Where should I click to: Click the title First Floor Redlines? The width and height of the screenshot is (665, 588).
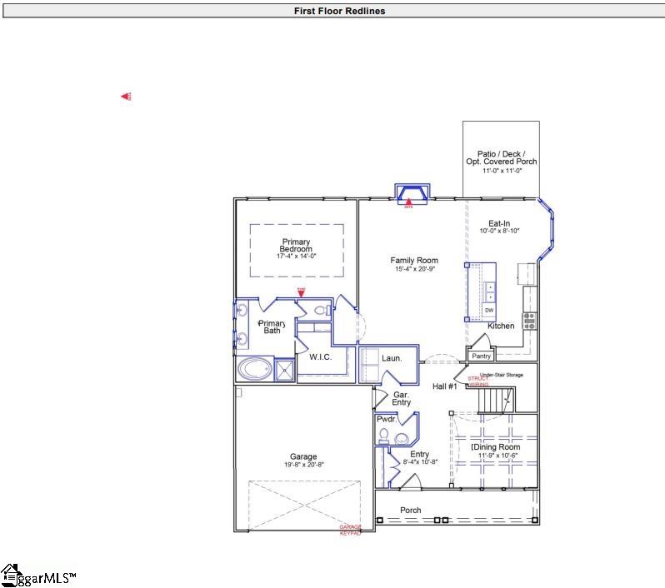[339, 11]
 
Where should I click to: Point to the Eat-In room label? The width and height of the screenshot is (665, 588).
[499, 222]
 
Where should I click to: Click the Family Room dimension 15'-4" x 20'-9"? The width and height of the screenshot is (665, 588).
[414, 270]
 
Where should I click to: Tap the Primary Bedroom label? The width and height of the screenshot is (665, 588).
[296, 246]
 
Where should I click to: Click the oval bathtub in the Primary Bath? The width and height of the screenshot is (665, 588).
[254, 368]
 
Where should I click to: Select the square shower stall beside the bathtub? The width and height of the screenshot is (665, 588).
[284, 369]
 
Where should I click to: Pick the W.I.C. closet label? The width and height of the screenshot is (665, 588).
[322, 357]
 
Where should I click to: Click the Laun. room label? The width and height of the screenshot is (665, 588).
[392, 358]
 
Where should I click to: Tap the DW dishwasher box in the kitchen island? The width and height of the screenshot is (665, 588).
[489, 311]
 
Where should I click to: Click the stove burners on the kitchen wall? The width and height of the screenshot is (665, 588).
[529, 321]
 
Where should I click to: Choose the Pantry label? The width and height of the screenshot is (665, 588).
[482, 356]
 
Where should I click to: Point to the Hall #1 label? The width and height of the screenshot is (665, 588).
[444, 386]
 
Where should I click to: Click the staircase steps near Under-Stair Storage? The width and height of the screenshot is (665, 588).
[497, 401]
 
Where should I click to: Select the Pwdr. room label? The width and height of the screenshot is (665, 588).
[386, 420]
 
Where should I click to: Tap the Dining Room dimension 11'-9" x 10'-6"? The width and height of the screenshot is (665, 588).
[499, 456]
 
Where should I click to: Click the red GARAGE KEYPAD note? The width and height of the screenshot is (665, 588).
[350, 530]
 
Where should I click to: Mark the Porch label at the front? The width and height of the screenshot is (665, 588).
[410, 510]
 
